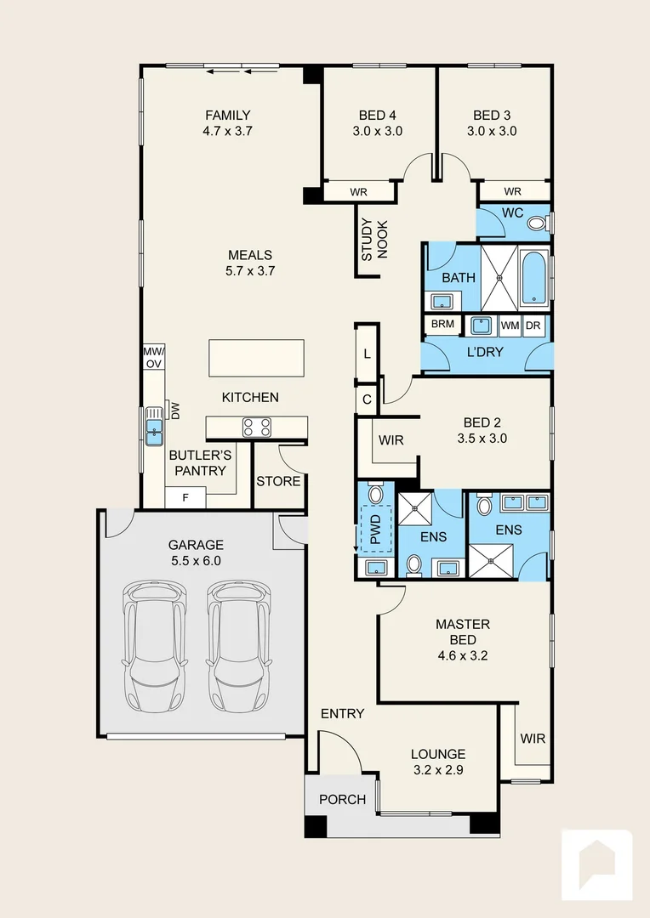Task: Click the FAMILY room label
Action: coord(228,116)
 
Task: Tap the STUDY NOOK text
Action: coord(374,239)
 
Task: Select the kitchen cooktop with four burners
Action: coord(257,427)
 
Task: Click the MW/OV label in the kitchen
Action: coord(154,357)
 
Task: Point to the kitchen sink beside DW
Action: coord(153,426)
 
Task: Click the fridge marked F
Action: coord(185,497)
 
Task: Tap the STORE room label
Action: coord(278,481)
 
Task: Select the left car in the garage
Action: coord(156,646)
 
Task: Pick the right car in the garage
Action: coord(239,646)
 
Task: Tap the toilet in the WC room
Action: coord(538,223)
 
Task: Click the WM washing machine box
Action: coord(510,326)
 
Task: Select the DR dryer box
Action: coord(533,326)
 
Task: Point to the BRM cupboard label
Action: coord(442,324)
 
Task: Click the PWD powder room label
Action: coord(376,530)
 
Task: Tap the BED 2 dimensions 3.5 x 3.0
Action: coord(482,439)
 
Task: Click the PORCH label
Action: coord(342,799)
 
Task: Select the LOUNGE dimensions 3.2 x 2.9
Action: coord(438,770)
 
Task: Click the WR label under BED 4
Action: coord(359,192)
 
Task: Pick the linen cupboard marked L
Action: coord(368,354)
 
